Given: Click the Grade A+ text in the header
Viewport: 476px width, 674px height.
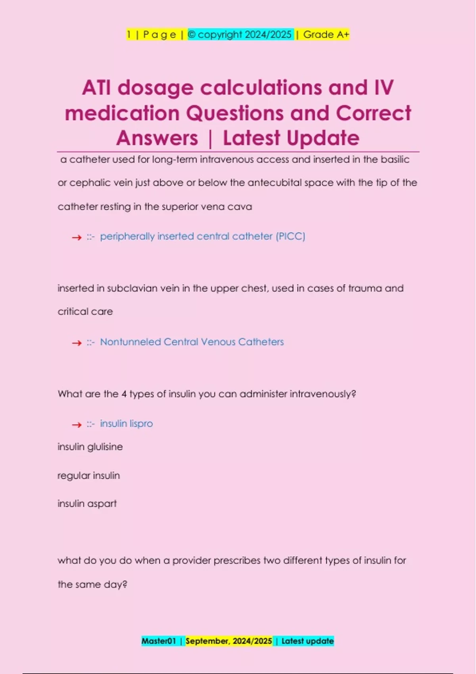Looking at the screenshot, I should [x=326, y=34].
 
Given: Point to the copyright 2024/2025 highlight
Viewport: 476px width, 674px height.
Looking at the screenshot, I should [x=240, y=34].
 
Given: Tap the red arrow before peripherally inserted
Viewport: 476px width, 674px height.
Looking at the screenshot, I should [x=77, y=237].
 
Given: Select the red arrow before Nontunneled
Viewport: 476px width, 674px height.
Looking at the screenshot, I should [x=77, y=343].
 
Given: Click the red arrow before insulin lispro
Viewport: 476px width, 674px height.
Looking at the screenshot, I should [x=77, y=425].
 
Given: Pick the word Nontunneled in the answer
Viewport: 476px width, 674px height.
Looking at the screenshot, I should [x=131, y=342].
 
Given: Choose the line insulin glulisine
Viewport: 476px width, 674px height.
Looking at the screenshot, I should [x=90, y=447].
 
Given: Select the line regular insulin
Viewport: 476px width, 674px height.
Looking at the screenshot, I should [x=88, y=475].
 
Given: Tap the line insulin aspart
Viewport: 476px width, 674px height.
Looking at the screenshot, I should [x=87, y=504].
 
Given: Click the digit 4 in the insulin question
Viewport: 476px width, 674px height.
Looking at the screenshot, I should [x=124, y=394].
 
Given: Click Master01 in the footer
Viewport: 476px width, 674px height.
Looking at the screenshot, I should [x=158, y=641].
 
